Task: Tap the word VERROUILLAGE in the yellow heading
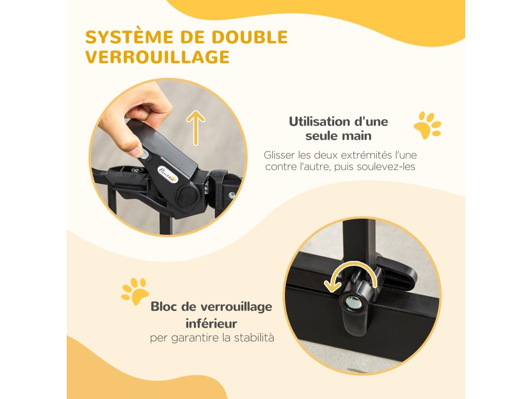click(157, 57)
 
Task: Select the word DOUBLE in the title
click(252, 37)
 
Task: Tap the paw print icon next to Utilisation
click(427, 125)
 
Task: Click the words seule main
click(339, 136)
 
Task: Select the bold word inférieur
click(212, 322)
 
